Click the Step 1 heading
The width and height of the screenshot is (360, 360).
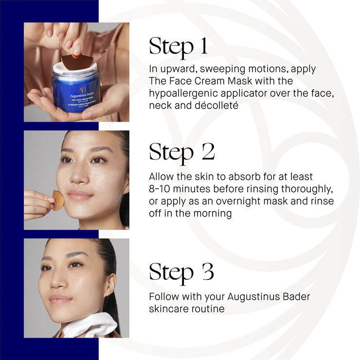click(178, 46)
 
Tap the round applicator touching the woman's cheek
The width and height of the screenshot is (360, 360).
click(58, 200)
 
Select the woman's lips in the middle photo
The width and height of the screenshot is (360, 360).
click(80, 195)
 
